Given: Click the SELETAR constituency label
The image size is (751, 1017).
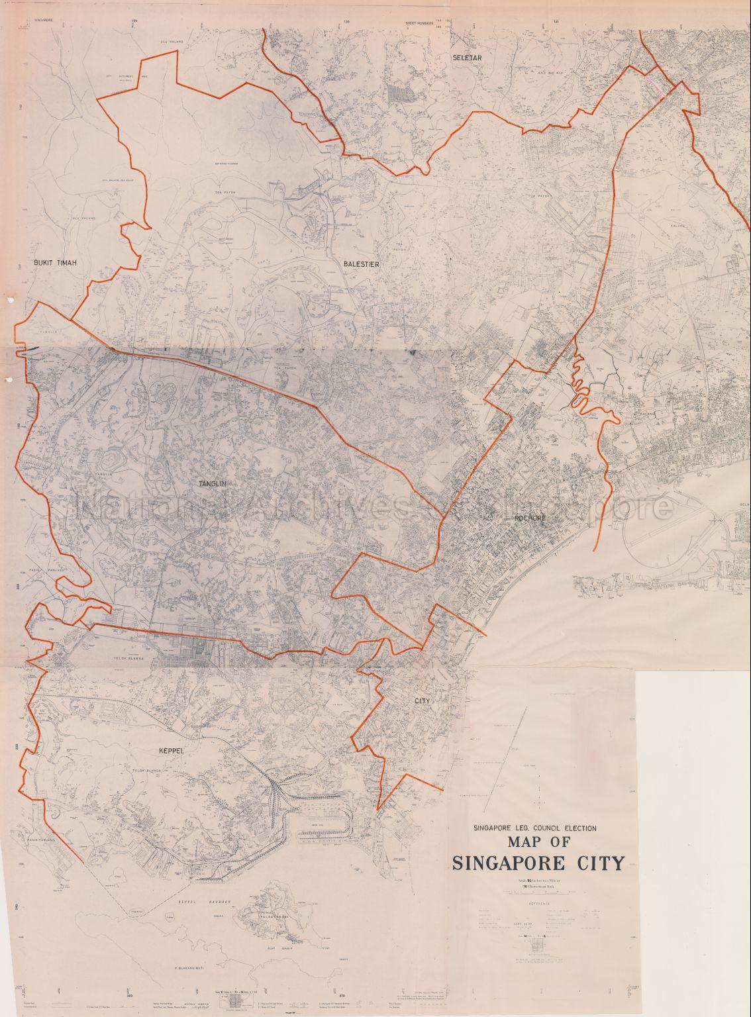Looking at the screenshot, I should (x=466, y=58).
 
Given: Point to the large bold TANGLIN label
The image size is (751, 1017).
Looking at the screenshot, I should (x=213, y=484).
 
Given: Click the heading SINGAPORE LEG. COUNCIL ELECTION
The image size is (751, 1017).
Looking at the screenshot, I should (x=534, y=828).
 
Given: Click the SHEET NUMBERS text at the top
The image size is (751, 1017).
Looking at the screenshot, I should (x=419, y=23).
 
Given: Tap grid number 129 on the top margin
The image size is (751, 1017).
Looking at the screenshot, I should (x=136, y=22).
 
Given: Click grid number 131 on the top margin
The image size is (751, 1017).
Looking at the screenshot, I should (x=556, y=22).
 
